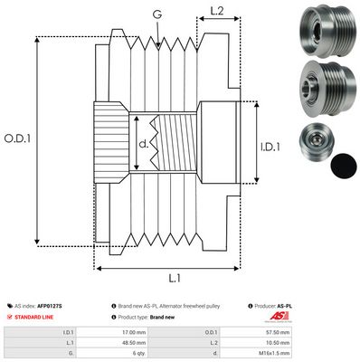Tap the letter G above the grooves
(157, 13)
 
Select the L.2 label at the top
(215, 12)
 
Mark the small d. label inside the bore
(143, 142)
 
